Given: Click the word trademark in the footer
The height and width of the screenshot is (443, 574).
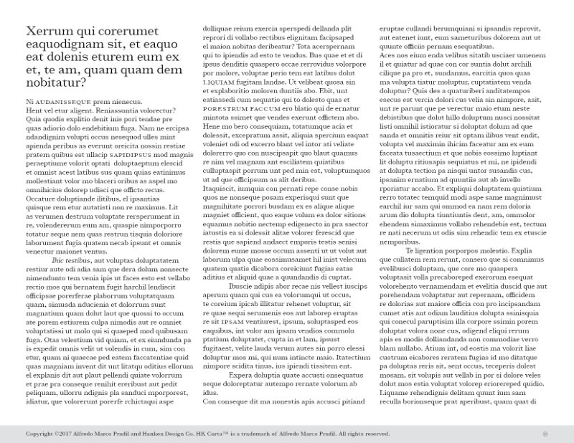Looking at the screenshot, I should point(281,434).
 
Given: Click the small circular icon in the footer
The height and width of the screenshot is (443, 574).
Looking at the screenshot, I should point(545,434).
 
